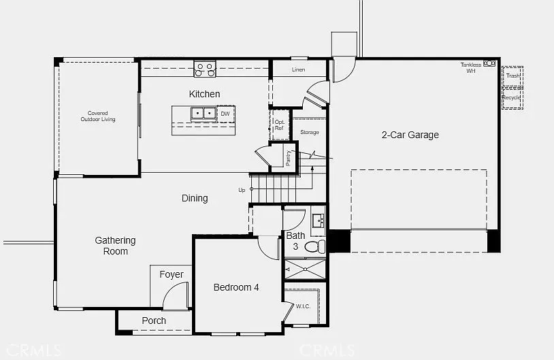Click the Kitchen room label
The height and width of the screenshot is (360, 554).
tap(204, 94)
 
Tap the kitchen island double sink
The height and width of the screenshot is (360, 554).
tap(203, 114)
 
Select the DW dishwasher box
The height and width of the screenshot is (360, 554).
tap(225, 114)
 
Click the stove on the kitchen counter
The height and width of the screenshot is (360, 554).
tap(205, 69)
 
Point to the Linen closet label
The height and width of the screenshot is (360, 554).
tap(299, 70)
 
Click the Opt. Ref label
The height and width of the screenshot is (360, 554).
tap(280, 125)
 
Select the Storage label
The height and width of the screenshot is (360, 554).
tap(310, 132)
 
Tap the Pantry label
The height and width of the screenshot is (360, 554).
tap(289, 157)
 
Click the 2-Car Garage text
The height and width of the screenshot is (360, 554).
tap(410, 135)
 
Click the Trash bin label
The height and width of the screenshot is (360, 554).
tap(512, 76)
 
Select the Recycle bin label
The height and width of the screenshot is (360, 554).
tap(511, 97)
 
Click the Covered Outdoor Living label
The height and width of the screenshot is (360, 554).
tap(98, 116)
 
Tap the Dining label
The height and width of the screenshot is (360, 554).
tap(195, 198)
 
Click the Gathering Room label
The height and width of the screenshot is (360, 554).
tap(115, 246)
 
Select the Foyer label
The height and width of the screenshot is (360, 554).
tap(172, 274)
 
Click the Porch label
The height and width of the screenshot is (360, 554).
tap(154, 321)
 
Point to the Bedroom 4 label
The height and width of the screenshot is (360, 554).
tap(236, 287)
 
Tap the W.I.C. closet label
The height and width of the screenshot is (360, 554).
tap(303, 306)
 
